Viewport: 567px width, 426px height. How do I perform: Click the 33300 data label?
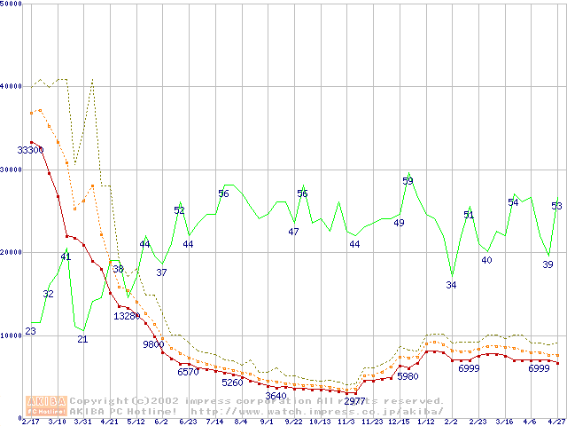[31, 150]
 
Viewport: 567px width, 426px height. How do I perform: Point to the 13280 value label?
[127, 316]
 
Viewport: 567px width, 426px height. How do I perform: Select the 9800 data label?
[154, 344]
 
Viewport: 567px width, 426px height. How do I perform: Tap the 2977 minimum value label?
[355, 401]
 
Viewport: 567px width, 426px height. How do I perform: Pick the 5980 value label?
[408, 376]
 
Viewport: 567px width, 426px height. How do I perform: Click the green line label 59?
[408, 181]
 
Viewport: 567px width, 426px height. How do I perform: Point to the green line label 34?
[451, 285]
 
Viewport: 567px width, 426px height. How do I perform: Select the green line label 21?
[82, 339]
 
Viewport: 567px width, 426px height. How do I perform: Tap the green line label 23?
[30, 331]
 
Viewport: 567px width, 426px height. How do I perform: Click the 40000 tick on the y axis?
[12, 86]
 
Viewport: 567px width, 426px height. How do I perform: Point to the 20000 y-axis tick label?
[12, 252]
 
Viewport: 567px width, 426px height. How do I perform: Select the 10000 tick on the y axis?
[12, 335]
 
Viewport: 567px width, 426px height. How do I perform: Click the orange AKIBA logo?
[46, 405]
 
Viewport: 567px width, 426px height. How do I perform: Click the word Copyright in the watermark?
[100, 400]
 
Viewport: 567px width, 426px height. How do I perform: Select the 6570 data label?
[188, 372]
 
